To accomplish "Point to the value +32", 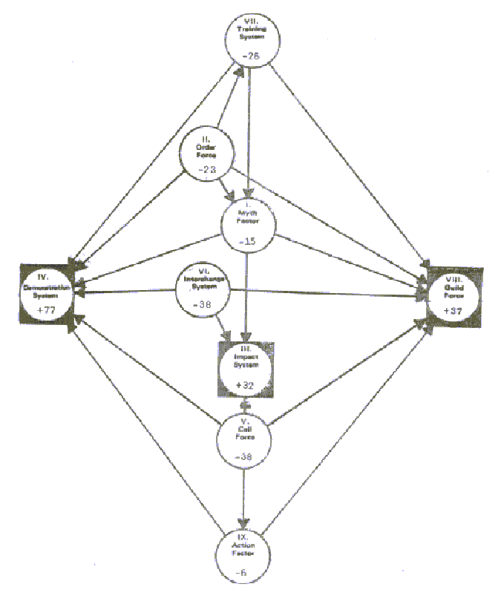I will (x=246, y=385).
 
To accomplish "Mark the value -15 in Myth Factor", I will (x=249, y=240).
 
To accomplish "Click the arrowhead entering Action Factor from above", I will (x=244, y=522).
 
